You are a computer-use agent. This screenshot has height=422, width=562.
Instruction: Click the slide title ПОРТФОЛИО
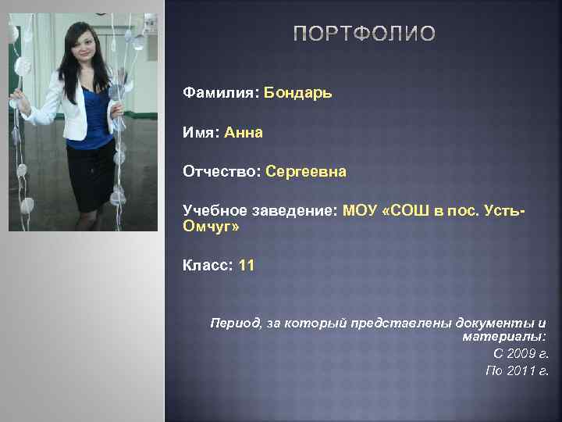365,34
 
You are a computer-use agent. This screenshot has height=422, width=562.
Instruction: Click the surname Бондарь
298,93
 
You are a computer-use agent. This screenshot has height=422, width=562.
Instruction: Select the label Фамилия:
221,93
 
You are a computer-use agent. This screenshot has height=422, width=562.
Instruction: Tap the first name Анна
244,132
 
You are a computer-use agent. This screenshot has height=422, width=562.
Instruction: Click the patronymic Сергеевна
306,171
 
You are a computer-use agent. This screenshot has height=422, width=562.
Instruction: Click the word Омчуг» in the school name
211,227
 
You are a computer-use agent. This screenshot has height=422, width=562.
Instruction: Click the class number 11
247,266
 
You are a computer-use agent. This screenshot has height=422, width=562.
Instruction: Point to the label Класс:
208,266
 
